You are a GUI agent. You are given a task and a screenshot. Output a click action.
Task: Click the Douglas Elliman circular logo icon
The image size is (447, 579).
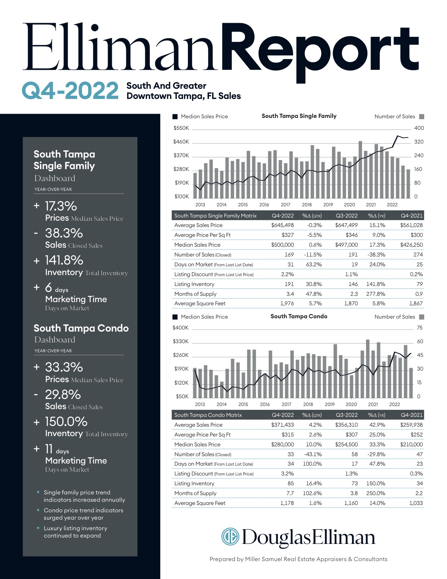(x=230, y=537)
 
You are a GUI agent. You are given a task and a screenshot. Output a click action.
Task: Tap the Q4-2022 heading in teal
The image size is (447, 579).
(x=70, y=91)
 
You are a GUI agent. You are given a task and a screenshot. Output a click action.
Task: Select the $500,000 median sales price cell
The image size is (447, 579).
(x=283, y=245)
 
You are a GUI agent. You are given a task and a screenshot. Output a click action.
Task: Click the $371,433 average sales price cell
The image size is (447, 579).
(x=283, y=425)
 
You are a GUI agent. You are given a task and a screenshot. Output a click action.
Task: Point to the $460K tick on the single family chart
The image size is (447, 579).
(x=181, y=142)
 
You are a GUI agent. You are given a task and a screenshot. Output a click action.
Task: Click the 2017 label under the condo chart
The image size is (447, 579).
(x=286, y=404)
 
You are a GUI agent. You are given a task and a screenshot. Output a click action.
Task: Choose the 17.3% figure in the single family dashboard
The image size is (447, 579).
(x=61, y=206)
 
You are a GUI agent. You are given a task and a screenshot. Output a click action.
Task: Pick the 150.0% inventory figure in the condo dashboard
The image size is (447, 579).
(x=66, y=421)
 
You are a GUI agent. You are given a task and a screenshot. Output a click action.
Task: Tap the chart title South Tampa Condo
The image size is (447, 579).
(x=299, y=316)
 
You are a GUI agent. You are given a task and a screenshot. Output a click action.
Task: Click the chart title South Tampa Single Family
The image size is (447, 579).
(x=299, y=116)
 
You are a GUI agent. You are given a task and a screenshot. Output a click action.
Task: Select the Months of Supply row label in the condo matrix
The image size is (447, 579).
(x=195, y=493)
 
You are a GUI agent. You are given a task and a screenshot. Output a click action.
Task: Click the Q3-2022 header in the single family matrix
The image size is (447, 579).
(x=347, y=215)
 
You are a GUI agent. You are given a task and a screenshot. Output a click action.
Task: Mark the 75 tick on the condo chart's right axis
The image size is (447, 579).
(x=420, y=328)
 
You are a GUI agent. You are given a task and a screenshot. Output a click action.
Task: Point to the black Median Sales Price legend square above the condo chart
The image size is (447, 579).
(x=175, y=317)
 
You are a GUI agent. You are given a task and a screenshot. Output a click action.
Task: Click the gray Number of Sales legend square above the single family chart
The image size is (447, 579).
(x=421, y=117)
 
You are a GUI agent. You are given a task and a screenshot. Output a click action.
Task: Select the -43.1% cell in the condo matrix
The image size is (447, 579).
(x=313, y=454)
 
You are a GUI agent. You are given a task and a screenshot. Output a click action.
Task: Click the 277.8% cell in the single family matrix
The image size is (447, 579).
(x=375, y=294)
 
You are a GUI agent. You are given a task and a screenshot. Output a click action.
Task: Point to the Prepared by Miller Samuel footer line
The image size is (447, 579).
(x=298, y=559)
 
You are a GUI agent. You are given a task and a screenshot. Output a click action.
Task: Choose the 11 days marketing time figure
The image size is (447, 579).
(x=57, y=450)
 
